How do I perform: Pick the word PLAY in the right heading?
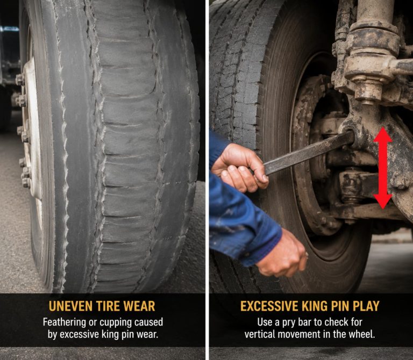point(366,306)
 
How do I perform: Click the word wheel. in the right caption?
point(361,334)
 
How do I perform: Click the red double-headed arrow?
point(383,168)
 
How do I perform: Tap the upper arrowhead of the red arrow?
point(383,134)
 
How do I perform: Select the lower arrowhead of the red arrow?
point(383,202)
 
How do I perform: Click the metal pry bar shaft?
point(309,153)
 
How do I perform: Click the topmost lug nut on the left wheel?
point(19,79)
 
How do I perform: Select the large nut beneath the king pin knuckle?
point(368,90)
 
